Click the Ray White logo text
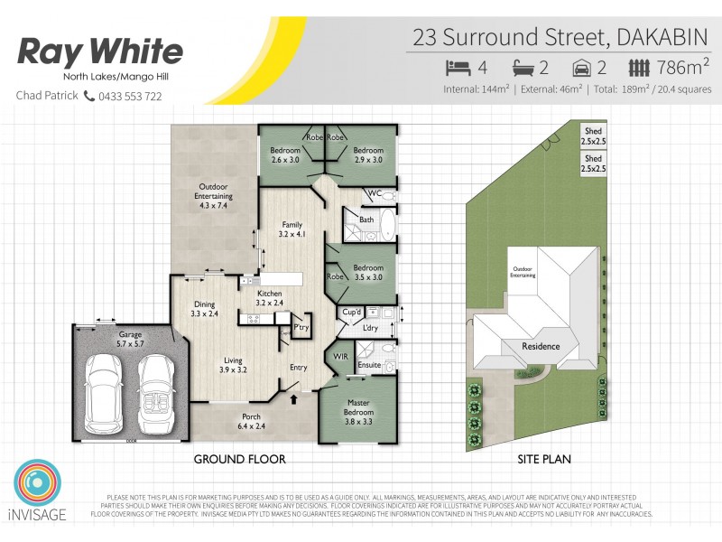pyautogui.click(x=100, y=51)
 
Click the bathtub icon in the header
pyautogui.click(x=524, y=68)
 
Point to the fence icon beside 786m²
pyautogui.click(x=639, y=68)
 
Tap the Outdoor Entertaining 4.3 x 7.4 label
pyautogui.click(x=214, y=195)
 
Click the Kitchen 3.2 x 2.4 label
pyautogui.click(x=271, y=299)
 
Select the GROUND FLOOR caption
pyautogui.click(x=240, y=459)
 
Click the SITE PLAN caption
pyautogui.click(x=543, y=459)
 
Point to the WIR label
pyautogui.click(x=340, y=356)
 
